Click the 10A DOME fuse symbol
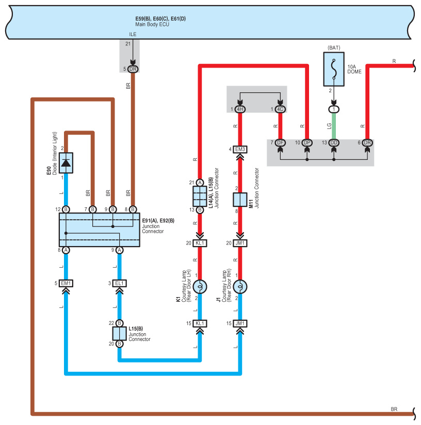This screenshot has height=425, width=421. pyautogui.click(x=334, y=69)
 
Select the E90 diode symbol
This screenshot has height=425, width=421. pyautogui.click(x=66, y=163)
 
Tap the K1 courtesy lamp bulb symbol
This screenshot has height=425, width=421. pyautogui.click(x=200, y=286)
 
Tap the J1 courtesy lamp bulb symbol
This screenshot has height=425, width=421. pyautogui.click(x=240, y=286)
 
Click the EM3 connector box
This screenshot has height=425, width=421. pyautogui.click(x=240, y=150)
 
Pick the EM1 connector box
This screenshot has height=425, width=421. pyautogui.click(x=66, y=283)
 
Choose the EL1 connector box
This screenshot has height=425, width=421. pyautogui.click(x=119, y=283)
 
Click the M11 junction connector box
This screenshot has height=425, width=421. pyautogui.click(x=240, y=200)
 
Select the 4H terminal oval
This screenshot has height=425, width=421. pyautogui.click(x=240, y=109)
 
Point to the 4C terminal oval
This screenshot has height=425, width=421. pyautogui.click(x=280, y=109)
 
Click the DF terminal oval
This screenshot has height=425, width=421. pyautogui.click(x=280, y=142)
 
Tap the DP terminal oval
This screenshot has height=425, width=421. pyautogui.click(x=307, y=142)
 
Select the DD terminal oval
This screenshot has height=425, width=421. pyautogui.click(x=334, y=142)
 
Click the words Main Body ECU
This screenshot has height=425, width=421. pyautogui.click(x=152, y=24)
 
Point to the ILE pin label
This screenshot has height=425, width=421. pyautogui.click(x=133, y=35)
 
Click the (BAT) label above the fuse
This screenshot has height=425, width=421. pyautogui.click(x=334, y=47)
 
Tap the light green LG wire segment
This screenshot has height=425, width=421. pyautogui.click(x=334, y=126)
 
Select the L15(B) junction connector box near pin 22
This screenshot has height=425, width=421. pyautogui.click(x=119, y=333)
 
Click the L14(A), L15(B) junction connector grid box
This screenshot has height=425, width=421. pyautogui.click(x=200, y=196)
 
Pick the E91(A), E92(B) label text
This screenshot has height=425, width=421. pyautogui.click(x=158, y=221)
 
